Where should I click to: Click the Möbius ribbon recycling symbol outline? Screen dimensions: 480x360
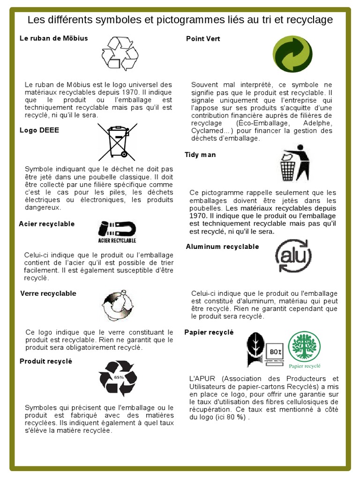120,53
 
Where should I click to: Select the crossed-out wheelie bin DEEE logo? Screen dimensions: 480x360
117,141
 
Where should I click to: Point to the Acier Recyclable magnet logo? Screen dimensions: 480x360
117,232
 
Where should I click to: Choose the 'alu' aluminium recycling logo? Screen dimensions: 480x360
293,255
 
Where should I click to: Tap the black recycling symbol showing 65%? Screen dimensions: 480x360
118,378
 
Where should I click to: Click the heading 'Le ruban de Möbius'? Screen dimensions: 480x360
53,38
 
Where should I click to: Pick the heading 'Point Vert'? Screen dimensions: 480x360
203,38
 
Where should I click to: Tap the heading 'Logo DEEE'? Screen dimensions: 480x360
39,130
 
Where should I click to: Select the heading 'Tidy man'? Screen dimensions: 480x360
200,155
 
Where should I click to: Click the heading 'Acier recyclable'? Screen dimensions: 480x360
46,224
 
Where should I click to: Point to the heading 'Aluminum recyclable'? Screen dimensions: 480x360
222,247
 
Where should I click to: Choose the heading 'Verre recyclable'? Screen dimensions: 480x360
48,293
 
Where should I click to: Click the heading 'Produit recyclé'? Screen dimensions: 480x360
46,361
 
